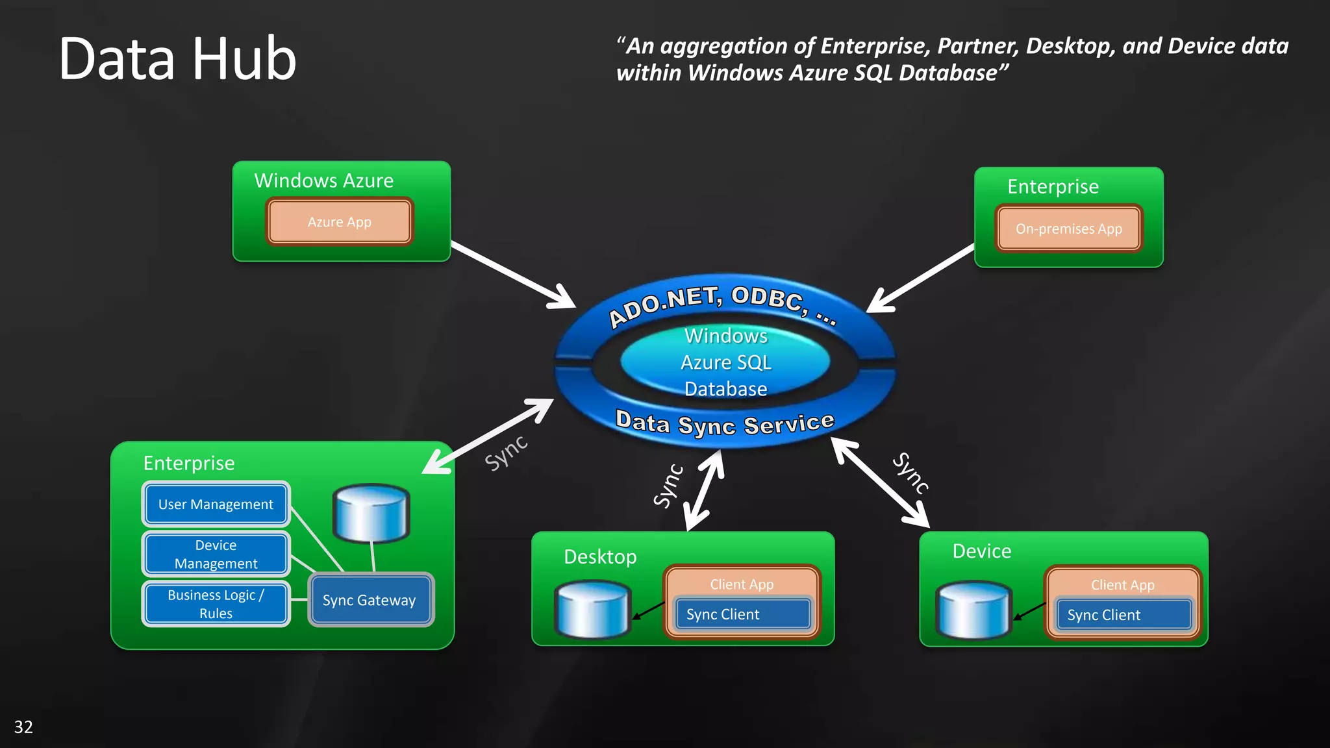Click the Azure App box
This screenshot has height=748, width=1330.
coord(339,222)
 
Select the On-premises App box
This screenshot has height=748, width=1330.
coord(1068,229)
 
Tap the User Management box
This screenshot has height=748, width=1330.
coord(216,505)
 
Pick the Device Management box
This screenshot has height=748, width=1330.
coord(216,555)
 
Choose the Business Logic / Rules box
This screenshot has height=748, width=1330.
coord(216,604)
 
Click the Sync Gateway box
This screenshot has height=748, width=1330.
coord(370,600)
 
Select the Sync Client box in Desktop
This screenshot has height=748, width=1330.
coord(742,614)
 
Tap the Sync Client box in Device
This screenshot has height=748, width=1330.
coord(1123,615)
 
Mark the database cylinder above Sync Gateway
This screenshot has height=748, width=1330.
coord(371,513)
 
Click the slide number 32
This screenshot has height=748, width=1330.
coord(23,727)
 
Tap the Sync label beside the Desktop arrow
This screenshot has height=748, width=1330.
coord(668,486)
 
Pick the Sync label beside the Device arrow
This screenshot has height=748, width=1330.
coord(910,473)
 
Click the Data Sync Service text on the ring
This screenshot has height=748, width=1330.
coord(724,423)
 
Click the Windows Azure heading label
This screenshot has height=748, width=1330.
coord(323,181)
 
